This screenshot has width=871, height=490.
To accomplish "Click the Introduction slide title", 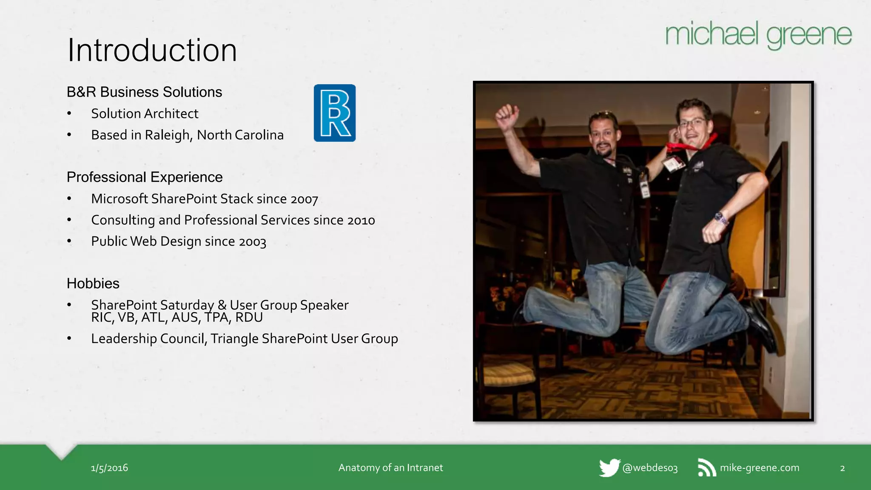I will pos(152,50).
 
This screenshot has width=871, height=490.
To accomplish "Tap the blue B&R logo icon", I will pos(335,113).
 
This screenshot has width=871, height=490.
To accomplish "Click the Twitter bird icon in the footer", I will pos(609,468).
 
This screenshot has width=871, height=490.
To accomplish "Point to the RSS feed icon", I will pos(706,468).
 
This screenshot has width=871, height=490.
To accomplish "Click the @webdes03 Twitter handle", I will pos(650,468).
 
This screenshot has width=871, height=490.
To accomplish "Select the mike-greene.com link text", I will pos(760,468).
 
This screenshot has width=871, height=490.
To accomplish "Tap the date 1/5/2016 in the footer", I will pos(109,468).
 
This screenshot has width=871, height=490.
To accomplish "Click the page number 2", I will pos(843,468).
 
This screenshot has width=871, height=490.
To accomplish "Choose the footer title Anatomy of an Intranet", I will pos(390,468).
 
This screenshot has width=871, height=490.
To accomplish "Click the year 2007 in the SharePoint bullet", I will pos(304,199).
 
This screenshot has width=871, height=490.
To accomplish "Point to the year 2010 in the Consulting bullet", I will pos(361,220).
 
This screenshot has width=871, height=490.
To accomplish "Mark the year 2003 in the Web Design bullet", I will pos(252,242).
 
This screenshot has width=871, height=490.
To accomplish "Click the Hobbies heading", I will pos(93,283).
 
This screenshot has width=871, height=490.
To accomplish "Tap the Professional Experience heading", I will pos(145,177).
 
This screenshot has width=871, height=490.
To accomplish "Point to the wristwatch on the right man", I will pos(721,218).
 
